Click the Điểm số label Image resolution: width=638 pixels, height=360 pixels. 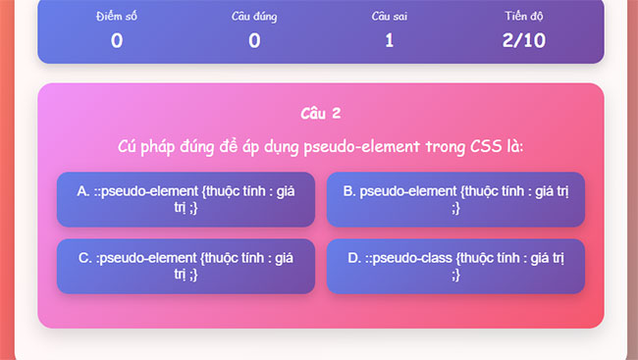[x=117, y=17]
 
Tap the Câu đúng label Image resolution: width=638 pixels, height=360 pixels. [x=254, y=17]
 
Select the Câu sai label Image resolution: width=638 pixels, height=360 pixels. [x=389, y=17]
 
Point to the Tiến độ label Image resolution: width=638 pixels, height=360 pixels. [x=523, y=17]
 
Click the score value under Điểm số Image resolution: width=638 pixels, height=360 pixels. [x=117, y=40]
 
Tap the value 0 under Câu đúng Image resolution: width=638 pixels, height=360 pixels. [x=254, y=40]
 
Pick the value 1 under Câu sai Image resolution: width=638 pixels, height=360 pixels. [x=389, y=40]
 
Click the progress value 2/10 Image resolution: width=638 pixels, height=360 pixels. [x=523, y=40]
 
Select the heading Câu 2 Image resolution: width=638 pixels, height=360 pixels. [x=320, y=113]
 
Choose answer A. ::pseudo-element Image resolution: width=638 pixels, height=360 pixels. [x=186, y=199]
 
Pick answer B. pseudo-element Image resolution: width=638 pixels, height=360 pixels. [x=455, y=199]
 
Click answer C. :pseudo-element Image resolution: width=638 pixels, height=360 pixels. [x=186, y=266]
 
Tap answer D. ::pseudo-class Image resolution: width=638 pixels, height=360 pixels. [x=455, y=266]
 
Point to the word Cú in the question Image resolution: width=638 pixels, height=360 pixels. [x=127, y=147]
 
